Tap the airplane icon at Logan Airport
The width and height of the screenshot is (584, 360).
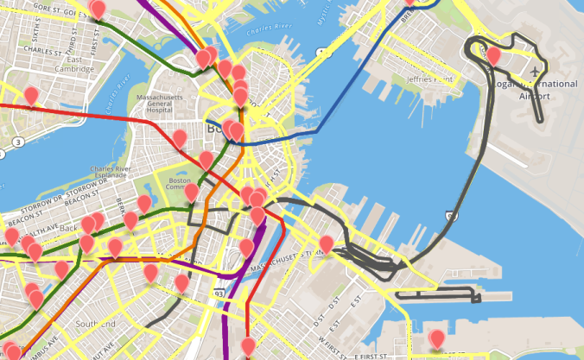pyautogui.click(x=536, y=70)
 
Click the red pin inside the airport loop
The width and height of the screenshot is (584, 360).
pyautogui.click(x=493, y=56)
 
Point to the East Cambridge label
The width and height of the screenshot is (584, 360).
pyautogui.click(x=79, y=66)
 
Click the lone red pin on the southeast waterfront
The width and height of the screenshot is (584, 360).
pyautogui.click(x=437, y=338)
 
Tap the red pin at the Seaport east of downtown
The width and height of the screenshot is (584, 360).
pyautogui.click(x=327, y=244)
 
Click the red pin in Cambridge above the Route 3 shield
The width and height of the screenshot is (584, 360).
pyautogui.click(x=31, y=95)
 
